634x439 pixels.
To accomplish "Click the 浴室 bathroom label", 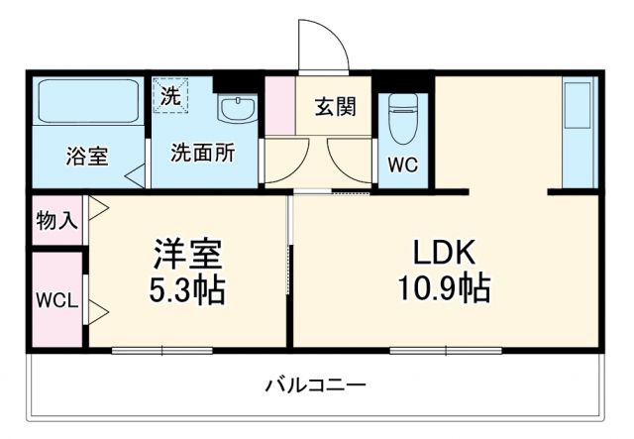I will coord(87,155).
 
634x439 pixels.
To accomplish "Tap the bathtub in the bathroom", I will coord(87,101).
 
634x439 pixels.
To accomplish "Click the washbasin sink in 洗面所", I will coord(235,108).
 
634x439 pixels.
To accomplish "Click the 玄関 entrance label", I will coord(336,107).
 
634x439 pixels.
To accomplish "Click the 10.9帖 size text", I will coord(443,289).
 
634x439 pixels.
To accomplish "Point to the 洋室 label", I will coord(187,253).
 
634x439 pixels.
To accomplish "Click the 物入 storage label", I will coord(56,219).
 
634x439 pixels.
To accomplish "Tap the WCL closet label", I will coord(56,300).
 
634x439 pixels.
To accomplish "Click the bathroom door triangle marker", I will coord(133,175).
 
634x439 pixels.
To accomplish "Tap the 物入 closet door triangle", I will coord(98,210).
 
